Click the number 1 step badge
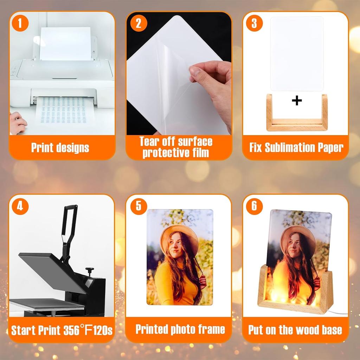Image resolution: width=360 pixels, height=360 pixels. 20,24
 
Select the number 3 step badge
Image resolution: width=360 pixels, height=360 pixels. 254,24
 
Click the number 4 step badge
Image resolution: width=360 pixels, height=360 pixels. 20,206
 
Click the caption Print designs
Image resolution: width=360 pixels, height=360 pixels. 60,148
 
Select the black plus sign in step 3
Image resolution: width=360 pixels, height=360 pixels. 297,101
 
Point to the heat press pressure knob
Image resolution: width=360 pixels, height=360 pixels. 90,270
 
